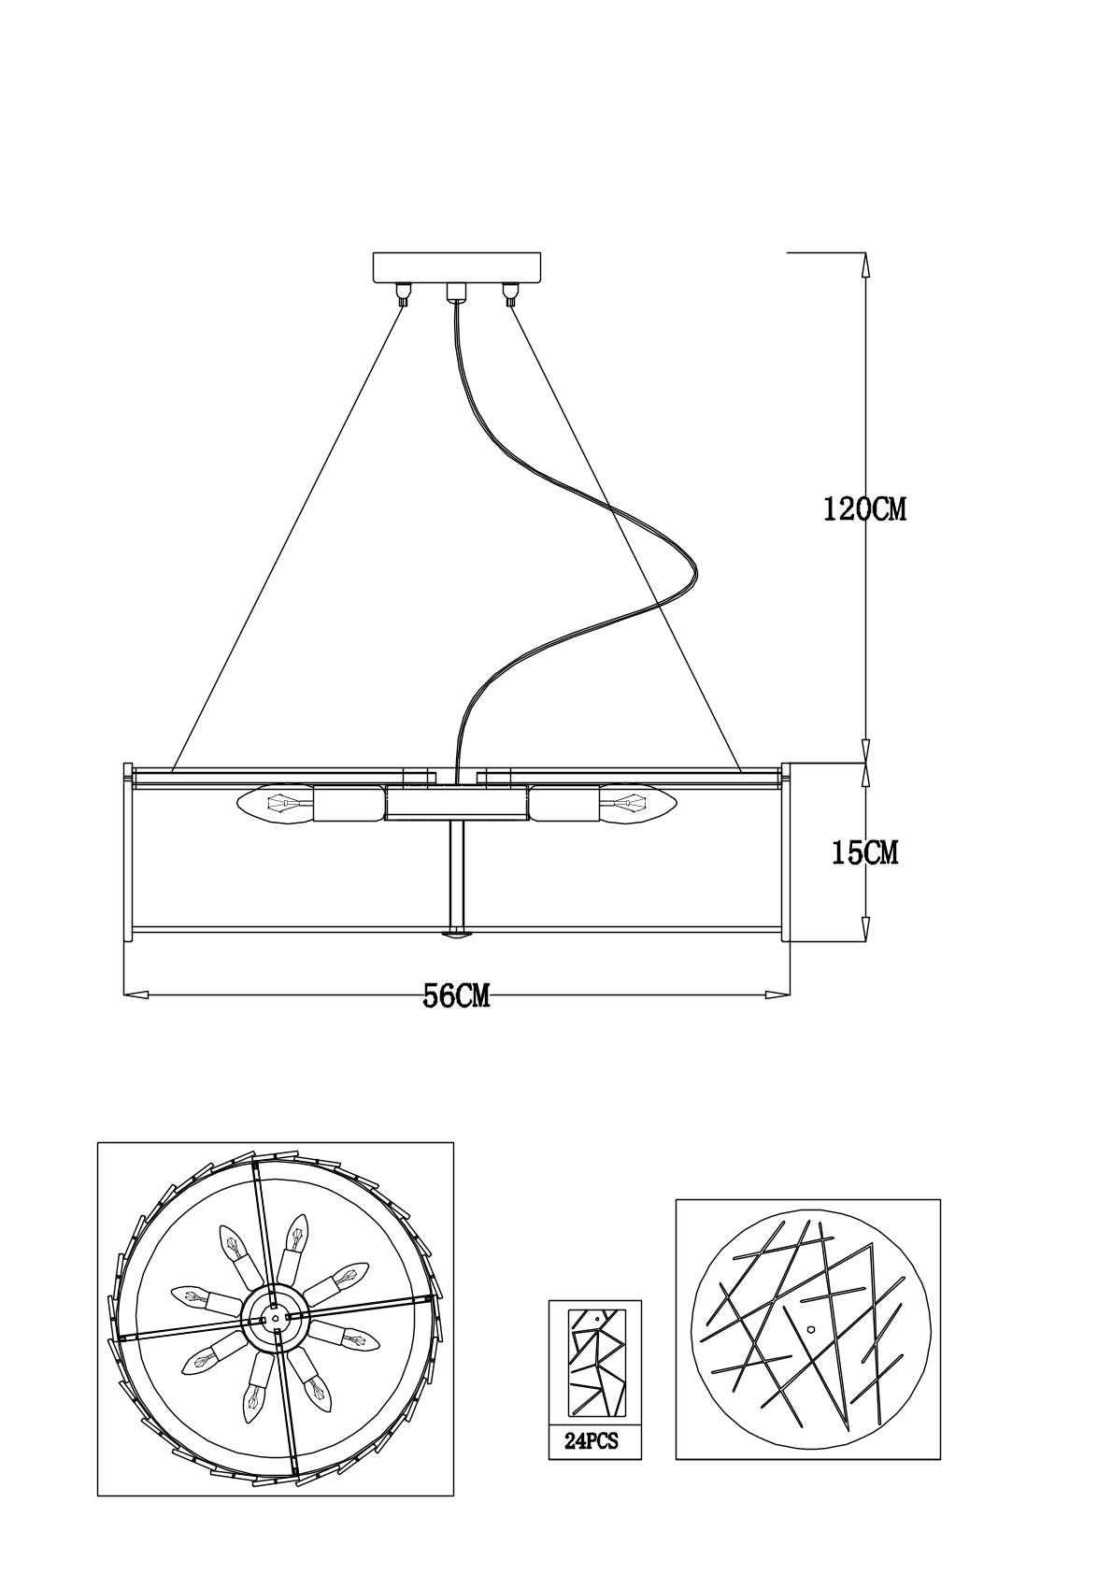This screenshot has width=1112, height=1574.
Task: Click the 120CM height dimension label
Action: click(x=864, y=508)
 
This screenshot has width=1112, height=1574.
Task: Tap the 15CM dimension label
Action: click(x=864, y=852)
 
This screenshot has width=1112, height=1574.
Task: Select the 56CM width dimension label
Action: click(x=456, y=996)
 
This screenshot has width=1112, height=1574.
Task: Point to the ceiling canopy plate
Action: click(x=457, y=267)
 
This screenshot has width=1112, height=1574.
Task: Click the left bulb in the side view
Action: click(x=277, y=803)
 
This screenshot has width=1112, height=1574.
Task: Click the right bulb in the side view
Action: click(x=638, y=803)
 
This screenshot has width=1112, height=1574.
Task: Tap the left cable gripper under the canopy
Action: click(x=404, y=294)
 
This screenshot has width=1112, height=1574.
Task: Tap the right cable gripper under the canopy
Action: click(x=510, y=294)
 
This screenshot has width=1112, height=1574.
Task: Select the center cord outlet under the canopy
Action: click(x=457, y=292)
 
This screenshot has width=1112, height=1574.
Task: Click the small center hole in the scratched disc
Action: click(x=811, y=1328)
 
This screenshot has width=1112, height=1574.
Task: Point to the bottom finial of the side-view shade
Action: click(x=457, y=932)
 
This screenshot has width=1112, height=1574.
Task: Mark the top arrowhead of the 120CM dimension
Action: click(x=866, y=264)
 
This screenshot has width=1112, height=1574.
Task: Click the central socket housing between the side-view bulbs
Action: click(x=457, y=803)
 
